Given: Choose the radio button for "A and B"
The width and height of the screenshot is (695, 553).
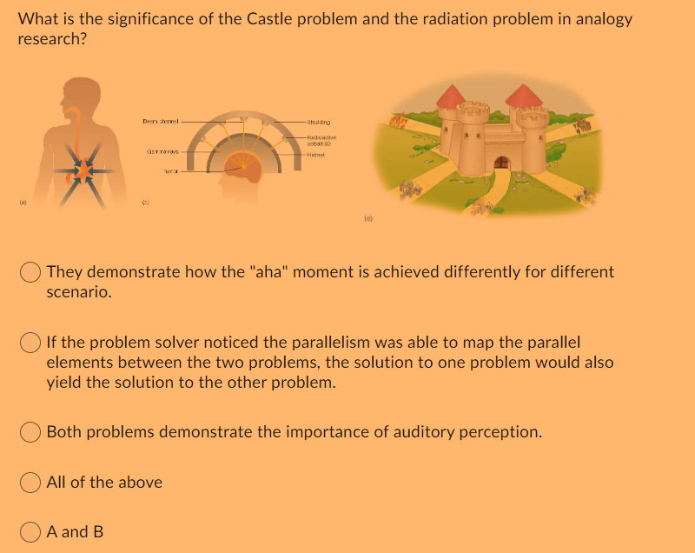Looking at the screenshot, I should (31, 530).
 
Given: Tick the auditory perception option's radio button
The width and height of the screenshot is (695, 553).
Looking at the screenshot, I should (31, 431).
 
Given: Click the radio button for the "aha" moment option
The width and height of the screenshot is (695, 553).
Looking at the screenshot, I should (31, 272).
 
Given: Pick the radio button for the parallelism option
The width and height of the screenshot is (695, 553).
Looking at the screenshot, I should (31, 343).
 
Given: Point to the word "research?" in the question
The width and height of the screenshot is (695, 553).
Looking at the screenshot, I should (51, 40).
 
